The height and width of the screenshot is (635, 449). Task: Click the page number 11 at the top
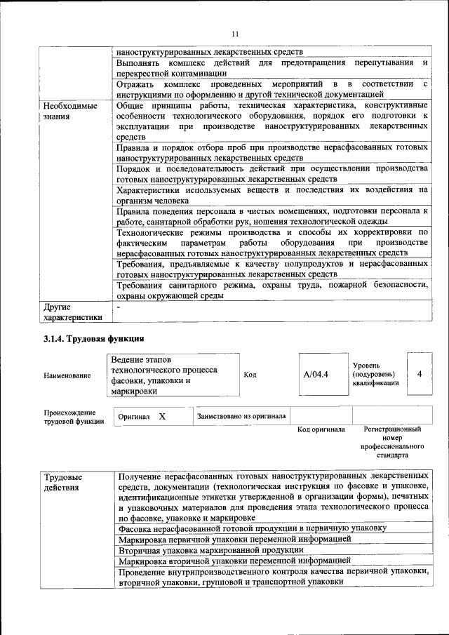(235, 34)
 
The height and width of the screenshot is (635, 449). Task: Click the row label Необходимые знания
(69, 111)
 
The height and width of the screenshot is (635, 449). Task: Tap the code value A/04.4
(316, 375)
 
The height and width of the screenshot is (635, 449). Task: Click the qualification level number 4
(420, 374)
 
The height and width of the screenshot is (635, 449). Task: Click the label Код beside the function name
(250, 375)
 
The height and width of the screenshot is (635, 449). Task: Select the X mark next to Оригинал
(162, 416)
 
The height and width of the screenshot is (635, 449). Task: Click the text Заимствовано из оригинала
(241, 416)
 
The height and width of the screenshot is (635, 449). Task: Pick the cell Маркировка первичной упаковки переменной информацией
(234, 539)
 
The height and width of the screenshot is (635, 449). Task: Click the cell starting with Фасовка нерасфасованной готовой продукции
(252, 528)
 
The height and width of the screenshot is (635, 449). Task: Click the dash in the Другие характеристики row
(119, 307)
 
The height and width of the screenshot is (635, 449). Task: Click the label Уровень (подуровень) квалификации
(375, 375)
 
